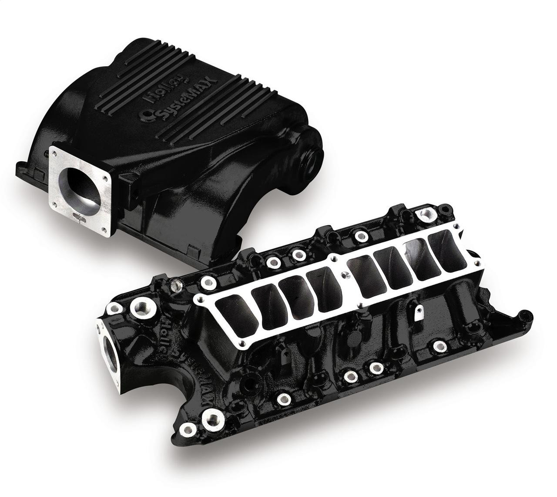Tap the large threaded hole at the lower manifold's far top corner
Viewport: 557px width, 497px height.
pyautogui.click(x=423, y=214)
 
